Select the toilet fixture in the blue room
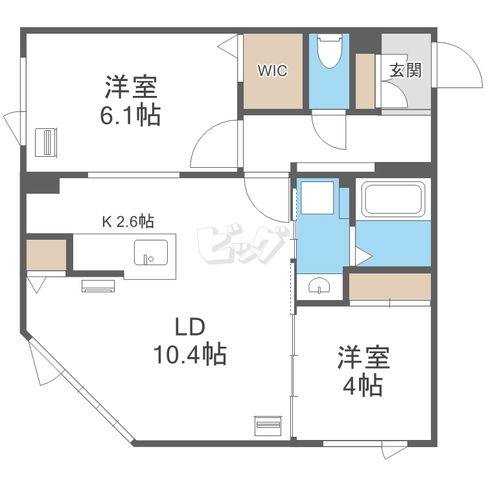(330, 51)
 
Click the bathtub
(393, 198)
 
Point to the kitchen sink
(151, 252)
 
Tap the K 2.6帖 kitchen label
(128, 222)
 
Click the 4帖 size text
(362, 386)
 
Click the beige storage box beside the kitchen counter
(47, 255)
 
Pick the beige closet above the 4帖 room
(390, 286)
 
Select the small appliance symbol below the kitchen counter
(98, 284)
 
